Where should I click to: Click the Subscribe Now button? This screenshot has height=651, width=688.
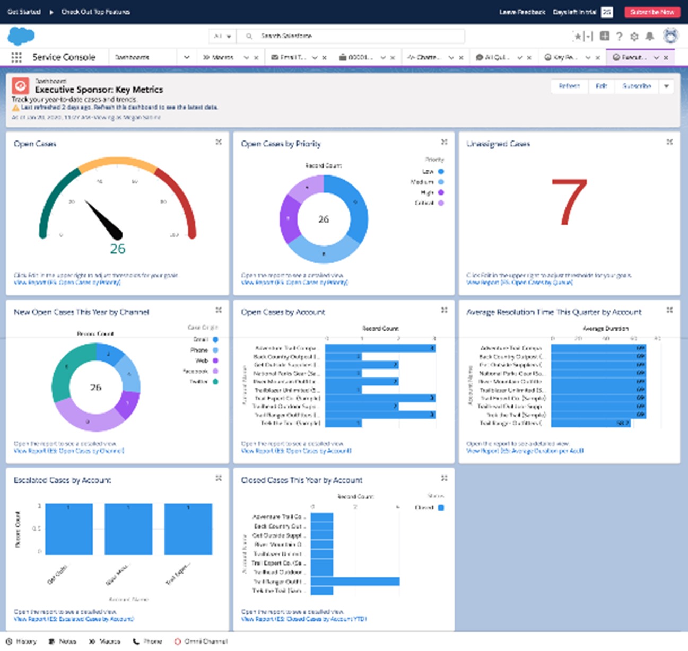pyautogui.click(x=651, y=12)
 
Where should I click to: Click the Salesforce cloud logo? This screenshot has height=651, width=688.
pyautogui.click(x=21, y=36)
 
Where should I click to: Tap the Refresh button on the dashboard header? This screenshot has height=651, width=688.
pyautogui.click(x=569, y=86)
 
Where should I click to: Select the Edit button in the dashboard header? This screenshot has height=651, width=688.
pyautogui.click(x=601, y=86)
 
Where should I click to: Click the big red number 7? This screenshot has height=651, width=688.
pyautogui.click(x=569, y=203)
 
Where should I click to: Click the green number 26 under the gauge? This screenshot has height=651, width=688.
pyautogui.click(x=118, y=249)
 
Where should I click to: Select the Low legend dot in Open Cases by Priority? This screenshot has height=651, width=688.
pyautogui.click(x=441, y=172)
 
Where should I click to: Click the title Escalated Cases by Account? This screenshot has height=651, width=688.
pyautogui.click(x=63, y=480)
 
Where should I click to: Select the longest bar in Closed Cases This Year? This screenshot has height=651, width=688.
pyautogui.click(x=355, y=582)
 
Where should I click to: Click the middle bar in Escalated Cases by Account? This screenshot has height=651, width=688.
pyautogui.click(x=128, y=529)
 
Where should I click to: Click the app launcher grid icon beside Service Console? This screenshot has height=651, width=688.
pyautogui.click(x=16, y=57)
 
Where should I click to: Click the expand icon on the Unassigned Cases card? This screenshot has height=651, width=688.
pyautogui.click(x=669, y=142)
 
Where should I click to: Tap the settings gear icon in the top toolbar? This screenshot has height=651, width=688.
pyautogui.click(x=634, y=36)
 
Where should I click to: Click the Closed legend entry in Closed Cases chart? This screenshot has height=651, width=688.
pyautogui.click(x=429, y=507)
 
